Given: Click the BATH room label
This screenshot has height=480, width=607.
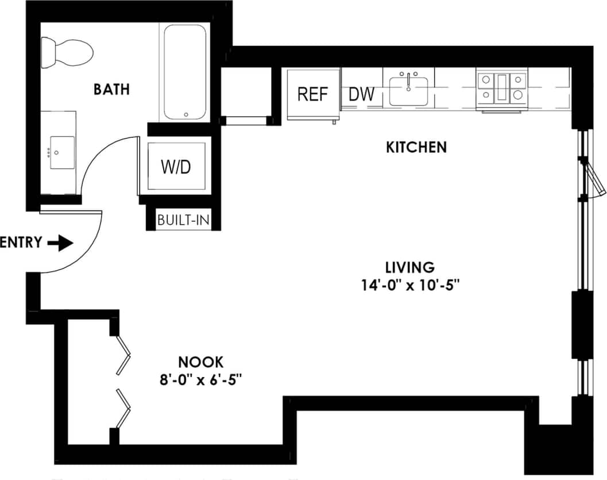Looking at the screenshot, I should click(112, 90).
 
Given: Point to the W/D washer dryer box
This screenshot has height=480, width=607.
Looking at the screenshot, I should click(175, 167).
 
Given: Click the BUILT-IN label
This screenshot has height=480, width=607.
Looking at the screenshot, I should click(183, 220).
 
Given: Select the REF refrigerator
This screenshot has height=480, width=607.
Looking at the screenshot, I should click(312, 94).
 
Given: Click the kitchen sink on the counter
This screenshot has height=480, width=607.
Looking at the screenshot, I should click(408, 90).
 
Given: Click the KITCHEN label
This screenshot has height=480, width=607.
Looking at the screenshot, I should click(416, 147).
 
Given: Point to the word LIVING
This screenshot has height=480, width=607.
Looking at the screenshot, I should click(410, 267).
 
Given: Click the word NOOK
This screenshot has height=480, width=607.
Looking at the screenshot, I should click(200, 362).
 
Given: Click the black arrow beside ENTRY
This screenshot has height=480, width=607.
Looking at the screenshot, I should click(61, 243).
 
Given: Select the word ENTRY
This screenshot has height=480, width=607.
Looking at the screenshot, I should click(21, 243).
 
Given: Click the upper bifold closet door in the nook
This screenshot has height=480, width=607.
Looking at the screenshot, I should click(123, 355).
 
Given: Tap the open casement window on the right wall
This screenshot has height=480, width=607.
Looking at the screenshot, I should click(594, 178).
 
